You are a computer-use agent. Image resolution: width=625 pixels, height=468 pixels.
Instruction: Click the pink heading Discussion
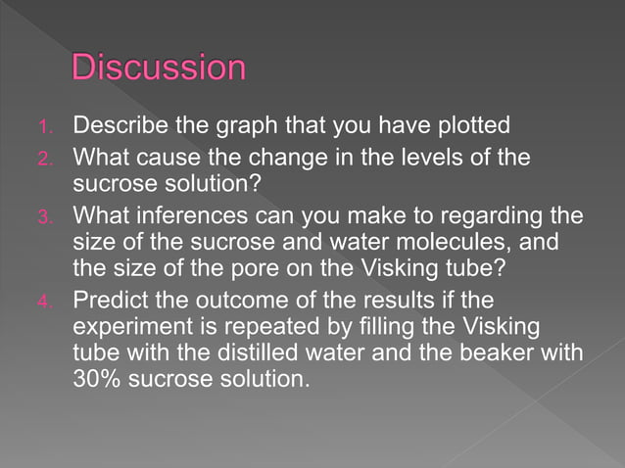pyautogui.click(x=158, y=68)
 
